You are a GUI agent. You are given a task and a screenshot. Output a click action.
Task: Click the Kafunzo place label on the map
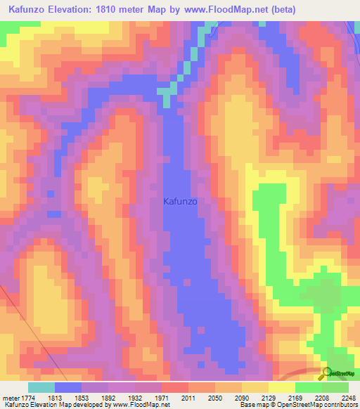pos(181,201)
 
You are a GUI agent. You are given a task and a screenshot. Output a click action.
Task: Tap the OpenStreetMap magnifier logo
pos(327,373)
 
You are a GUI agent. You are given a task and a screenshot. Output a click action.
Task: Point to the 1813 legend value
pos(55,398)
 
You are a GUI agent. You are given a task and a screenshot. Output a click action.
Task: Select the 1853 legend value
pos(82,398)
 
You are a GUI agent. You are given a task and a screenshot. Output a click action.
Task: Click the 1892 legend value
pos(108,398)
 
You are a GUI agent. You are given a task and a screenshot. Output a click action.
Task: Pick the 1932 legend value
pos(135,398)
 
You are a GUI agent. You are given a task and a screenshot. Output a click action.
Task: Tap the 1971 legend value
pos(162,398)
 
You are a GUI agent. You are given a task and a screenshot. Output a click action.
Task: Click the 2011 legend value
pos(188,398)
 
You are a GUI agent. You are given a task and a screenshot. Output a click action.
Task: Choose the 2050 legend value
pos(215,398)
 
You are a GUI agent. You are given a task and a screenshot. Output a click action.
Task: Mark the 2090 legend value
pos(242,398)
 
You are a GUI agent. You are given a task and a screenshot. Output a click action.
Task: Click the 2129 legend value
pos(269,398)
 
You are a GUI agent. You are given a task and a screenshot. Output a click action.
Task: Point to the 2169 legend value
pos(295,398)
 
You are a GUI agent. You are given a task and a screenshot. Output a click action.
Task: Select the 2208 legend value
pos(322,398)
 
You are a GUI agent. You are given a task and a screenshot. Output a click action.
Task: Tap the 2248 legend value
pos(349,398)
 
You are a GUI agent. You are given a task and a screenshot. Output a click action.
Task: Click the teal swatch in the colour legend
pos(41,387)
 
